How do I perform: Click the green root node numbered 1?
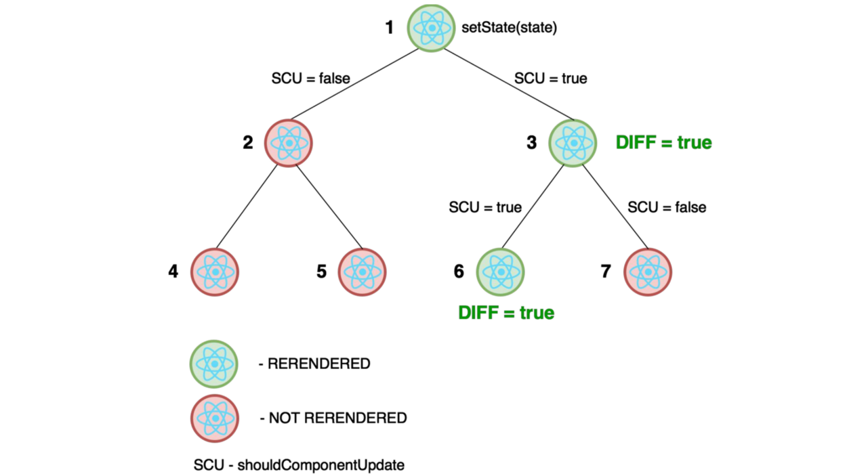tap(431, 28)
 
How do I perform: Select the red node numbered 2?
tap(289, 143)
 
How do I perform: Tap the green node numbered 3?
tap(573, 143)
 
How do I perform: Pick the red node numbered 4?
tap(215, 272)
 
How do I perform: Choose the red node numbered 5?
tap(362, 272)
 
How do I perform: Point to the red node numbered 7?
tap(647, 272)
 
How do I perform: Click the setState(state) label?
tap(509, 28)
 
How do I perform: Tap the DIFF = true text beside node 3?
tap(663, 143)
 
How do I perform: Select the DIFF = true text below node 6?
tap(506, 313)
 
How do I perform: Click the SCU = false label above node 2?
tap(310, 79)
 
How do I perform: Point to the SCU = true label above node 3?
tap(550, 79)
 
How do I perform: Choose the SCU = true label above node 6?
tap(485, 207)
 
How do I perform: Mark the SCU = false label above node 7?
tap(667, 207)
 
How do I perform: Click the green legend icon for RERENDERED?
tap(215, 364)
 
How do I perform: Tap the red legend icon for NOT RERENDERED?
tap(215, 418)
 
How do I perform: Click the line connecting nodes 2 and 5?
tap(329, 207)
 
